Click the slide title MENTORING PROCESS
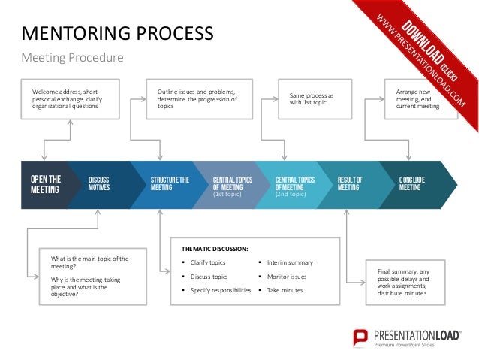pyautogui.click(x=117, y=33)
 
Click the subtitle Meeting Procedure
pyautogui.click(x=72, y=58)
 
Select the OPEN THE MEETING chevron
pyautogui.click(x=45, y=184)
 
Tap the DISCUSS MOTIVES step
pyautogui.click(x=99, y=184)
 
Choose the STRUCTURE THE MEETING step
pyautogui.click(x=170, y=184)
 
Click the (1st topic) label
pyautogui.click(x=227, y=195)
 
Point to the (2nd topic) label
pyautogui.click(x=290, y=195)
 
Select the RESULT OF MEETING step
pyautogui.click(x=350, y=184)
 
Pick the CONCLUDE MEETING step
pyautogui.click(x=414, y=184)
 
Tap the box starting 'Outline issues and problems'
pyautogui.click(x=197, y=99)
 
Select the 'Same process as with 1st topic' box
pyautogui.click(x=314, y=99)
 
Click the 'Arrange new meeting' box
pyautogui.click(x=411, y=99)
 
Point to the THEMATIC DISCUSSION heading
pyautogui.click(x=215, y=248)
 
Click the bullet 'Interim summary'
pyautogui.click(x=290, y=262)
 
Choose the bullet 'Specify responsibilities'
pyautogui.click(x=221, y=289)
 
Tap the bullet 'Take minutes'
pyautogui.click(x=284, y=289)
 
